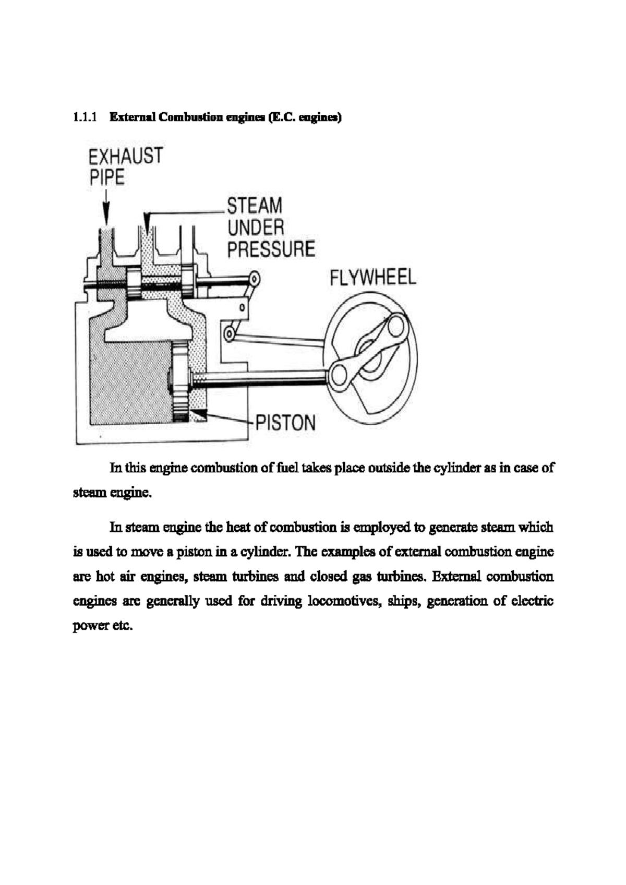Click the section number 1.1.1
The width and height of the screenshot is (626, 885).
point(85,118)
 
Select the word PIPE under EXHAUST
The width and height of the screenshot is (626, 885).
point(107,177)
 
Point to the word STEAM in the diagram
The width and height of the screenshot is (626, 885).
point(255,206)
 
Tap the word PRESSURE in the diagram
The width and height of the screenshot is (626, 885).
point(271,248)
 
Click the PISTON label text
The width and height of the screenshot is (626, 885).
point(285,423)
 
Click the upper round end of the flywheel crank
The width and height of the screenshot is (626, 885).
point(396,326)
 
